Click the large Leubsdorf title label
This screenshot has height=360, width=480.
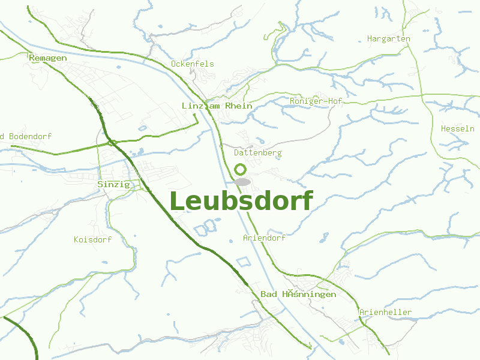point(241,201)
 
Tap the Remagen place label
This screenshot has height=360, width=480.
point(47,58)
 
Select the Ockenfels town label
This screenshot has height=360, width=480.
point(192,64)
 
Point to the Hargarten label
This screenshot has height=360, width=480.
point(388,39)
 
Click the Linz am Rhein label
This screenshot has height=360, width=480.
point(217,106)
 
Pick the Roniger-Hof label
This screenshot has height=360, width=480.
point(316,101)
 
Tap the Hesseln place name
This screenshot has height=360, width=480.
point(457,128)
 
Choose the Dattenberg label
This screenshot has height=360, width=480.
point(257,153)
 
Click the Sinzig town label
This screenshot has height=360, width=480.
point(113,184)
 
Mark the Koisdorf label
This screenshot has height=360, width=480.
point(92,239)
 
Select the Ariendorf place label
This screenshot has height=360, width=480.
point(264,238)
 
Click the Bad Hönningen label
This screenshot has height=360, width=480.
point(298,294)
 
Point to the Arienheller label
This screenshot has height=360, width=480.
point(385,312)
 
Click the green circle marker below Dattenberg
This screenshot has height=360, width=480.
point(241,169)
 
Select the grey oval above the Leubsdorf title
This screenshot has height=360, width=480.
point(242,181)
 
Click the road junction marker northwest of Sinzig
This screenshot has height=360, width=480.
point(112,143)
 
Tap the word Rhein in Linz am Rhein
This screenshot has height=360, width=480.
point(239,106)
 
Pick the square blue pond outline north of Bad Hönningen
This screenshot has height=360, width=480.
point(242,262)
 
